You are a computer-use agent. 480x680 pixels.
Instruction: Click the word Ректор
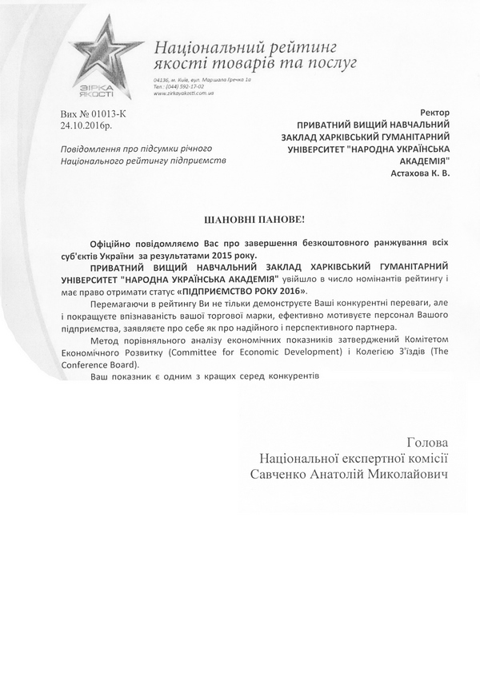click(x=434, y=114)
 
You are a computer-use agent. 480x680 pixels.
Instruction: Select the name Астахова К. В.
click(x=420, y=173)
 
